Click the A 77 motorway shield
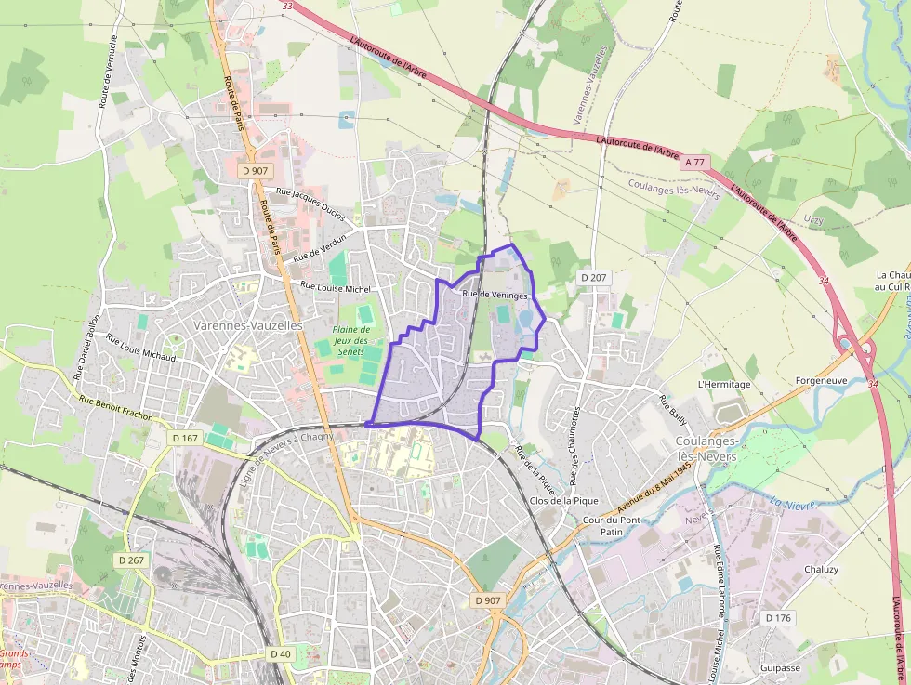(x=694, y=163)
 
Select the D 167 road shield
(x=185, y=437)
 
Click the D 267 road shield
(x=132, y=560)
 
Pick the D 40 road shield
(x=280, y=654)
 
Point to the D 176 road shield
(x=778, y=618)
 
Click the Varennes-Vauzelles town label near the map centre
(x=249, y=326)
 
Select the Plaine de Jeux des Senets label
(x=351, y=340)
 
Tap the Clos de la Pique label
(x=556, y=501)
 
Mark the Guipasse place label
(x=779, y=667)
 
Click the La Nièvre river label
(x=791, y=504)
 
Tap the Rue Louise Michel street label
(x=336, y=288)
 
